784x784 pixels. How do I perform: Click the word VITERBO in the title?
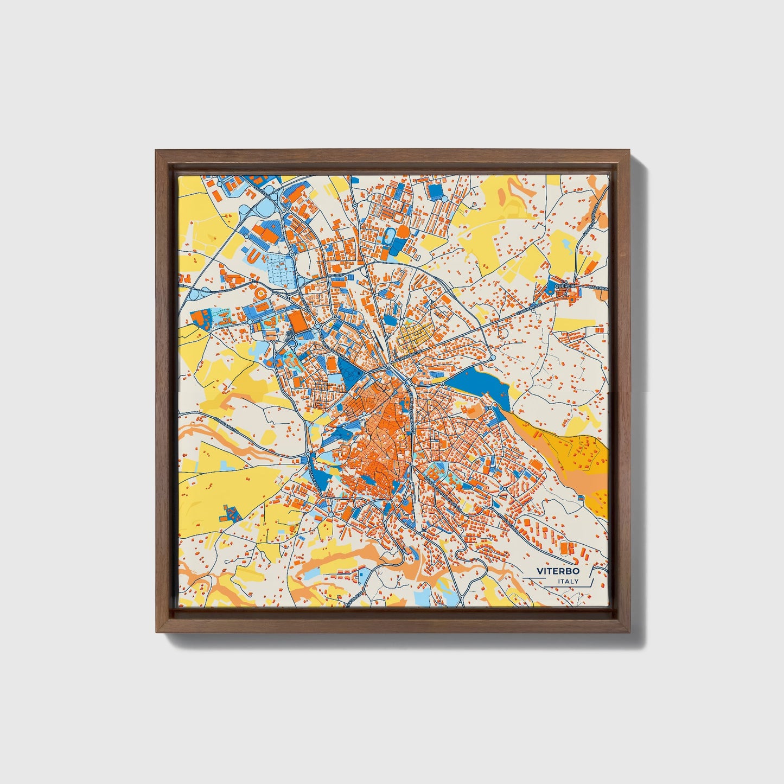tap(558, 571)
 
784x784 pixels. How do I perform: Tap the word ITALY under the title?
tap(568, 582)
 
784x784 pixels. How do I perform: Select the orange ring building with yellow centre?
tap(260, 294)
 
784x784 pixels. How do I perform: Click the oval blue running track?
tap(389, 234)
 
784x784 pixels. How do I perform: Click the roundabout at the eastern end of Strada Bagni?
tap(308, 454)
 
